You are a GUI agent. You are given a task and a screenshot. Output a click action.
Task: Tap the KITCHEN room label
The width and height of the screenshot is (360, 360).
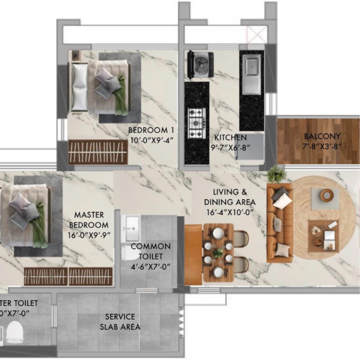coord(230,137)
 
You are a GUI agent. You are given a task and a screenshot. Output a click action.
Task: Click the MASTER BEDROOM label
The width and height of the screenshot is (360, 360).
coord(88,220)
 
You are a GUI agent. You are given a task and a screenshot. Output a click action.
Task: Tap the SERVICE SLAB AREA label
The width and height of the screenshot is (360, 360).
coord(120,322)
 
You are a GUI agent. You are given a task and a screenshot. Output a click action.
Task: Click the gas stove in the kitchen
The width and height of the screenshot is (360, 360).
coord(196,123)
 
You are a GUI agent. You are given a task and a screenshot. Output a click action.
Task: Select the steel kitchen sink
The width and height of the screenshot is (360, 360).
coord(251,74)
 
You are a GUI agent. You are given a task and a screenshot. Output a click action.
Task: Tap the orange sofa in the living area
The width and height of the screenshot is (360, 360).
coord(279,223)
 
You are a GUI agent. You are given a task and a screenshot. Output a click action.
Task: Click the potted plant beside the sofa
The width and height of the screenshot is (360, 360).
coord(276,174)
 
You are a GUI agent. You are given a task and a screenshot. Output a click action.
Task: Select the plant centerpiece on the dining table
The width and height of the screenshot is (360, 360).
coord(218,252)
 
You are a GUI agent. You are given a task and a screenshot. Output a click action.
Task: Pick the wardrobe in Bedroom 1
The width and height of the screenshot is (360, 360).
coord(98,152)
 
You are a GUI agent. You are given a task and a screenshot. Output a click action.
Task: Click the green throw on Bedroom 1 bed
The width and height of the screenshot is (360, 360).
coord(121,95)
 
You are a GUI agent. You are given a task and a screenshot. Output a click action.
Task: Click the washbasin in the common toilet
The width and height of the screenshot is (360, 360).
coord(132,225)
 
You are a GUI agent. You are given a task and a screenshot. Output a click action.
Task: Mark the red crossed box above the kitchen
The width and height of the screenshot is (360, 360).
coord(256,34)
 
